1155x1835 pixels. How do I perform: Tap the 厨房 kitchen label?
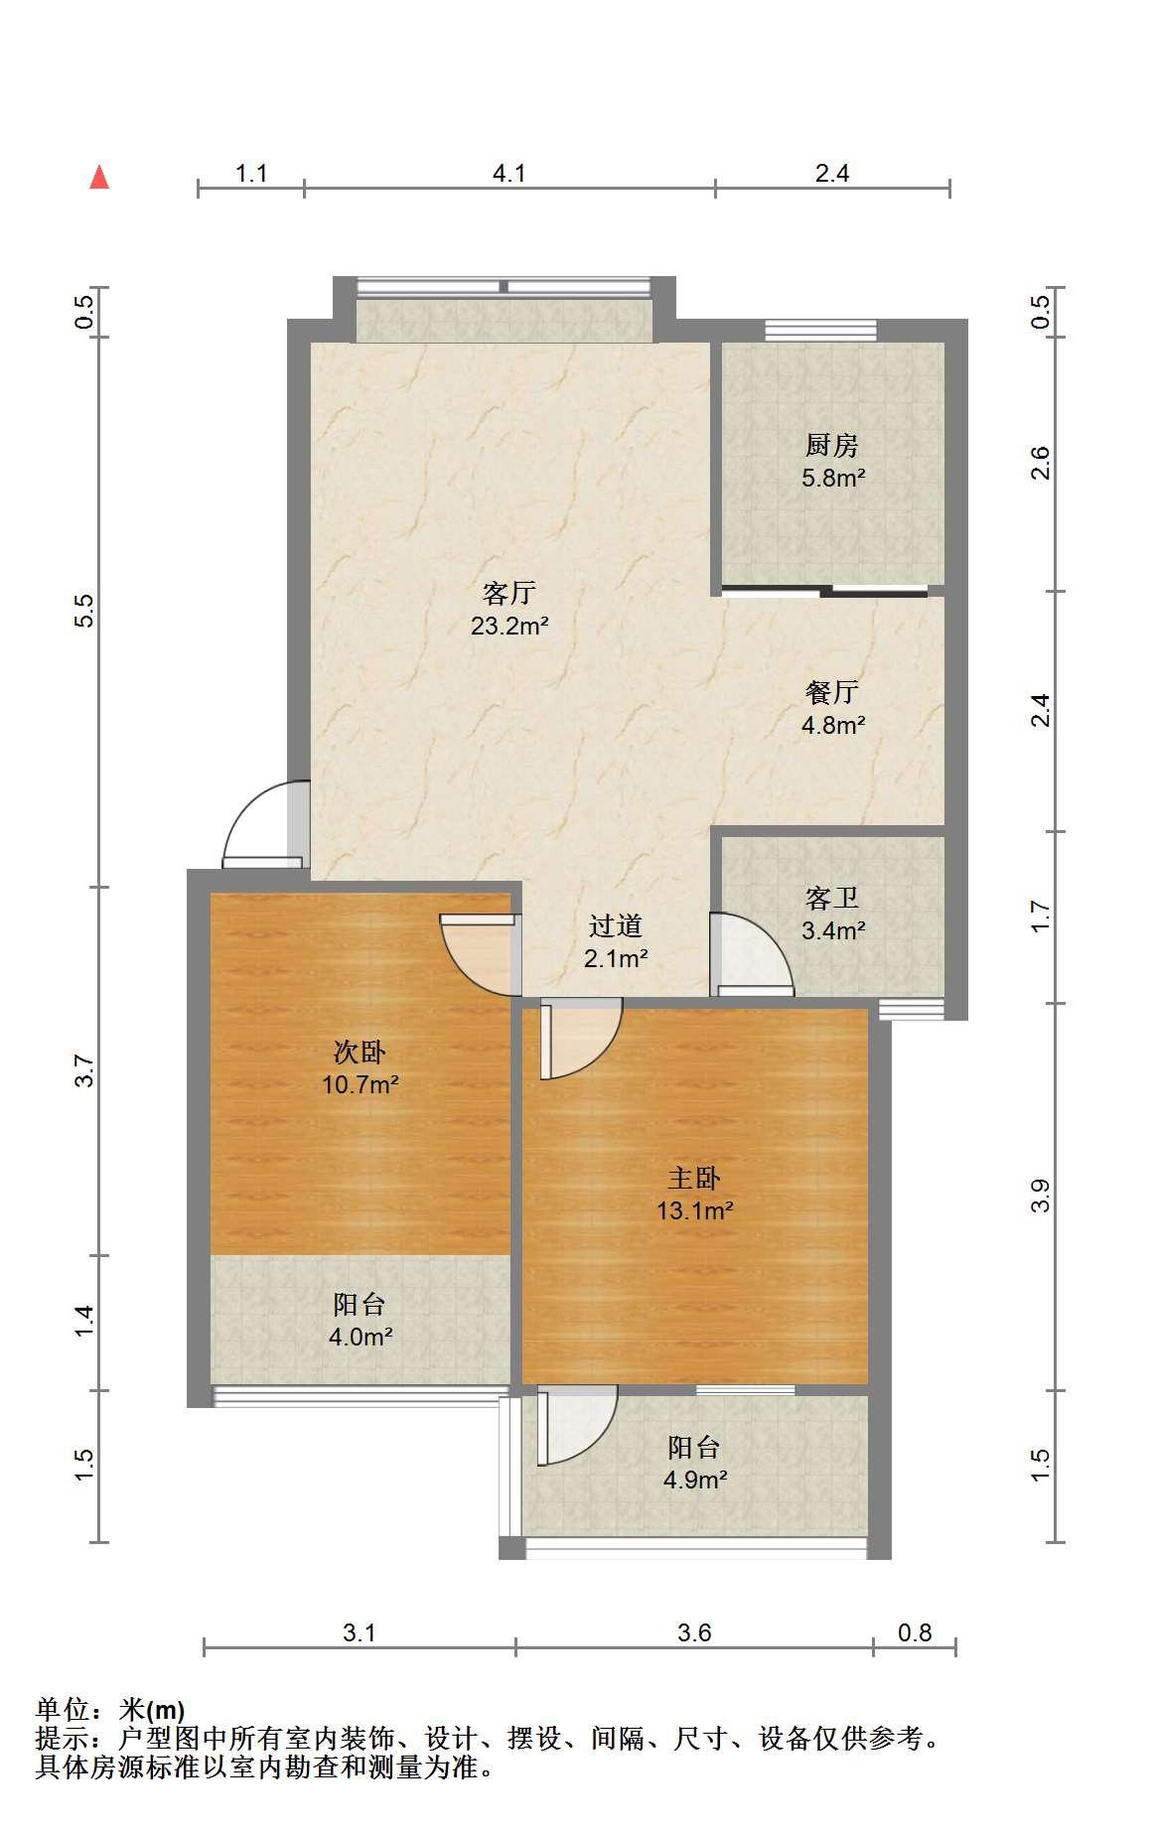tap(832, 445)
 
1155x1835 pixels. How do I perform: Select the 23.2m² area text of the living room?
tap(509, 627)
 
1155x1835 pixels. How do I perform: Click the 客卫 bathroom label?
tap(832, 898)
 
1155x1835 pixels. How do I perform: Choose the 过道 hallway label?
tap(616, 925)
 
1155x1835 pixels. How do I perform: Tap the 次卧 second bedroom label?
tap(360, 1051)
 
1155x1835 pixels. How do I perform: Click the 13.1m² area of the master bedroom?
tap(694, 1210)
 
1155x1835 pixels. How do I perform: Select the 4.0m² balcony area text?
tap(361, 1337)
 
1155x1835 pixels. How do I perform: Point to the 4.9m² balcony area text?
tap(695, 1480)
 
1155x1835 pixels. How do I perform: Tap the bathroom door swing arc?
tap(753, 953)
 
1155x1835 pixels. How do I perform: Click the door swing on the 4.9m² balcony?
tap(578, 1428)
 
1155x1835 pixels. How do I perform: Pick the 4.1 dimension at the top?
tap(509, 174)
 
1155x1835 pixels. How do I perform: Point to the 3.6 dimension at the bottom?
tap(694, 1632)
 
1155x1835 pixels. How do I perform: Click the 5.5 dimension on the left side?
tap(85, 611)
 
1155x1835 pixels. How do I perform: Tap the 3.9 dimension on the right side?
tap(1040, 1196)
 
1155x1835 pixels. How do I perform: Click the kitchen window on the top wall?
tap(820, 330)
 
